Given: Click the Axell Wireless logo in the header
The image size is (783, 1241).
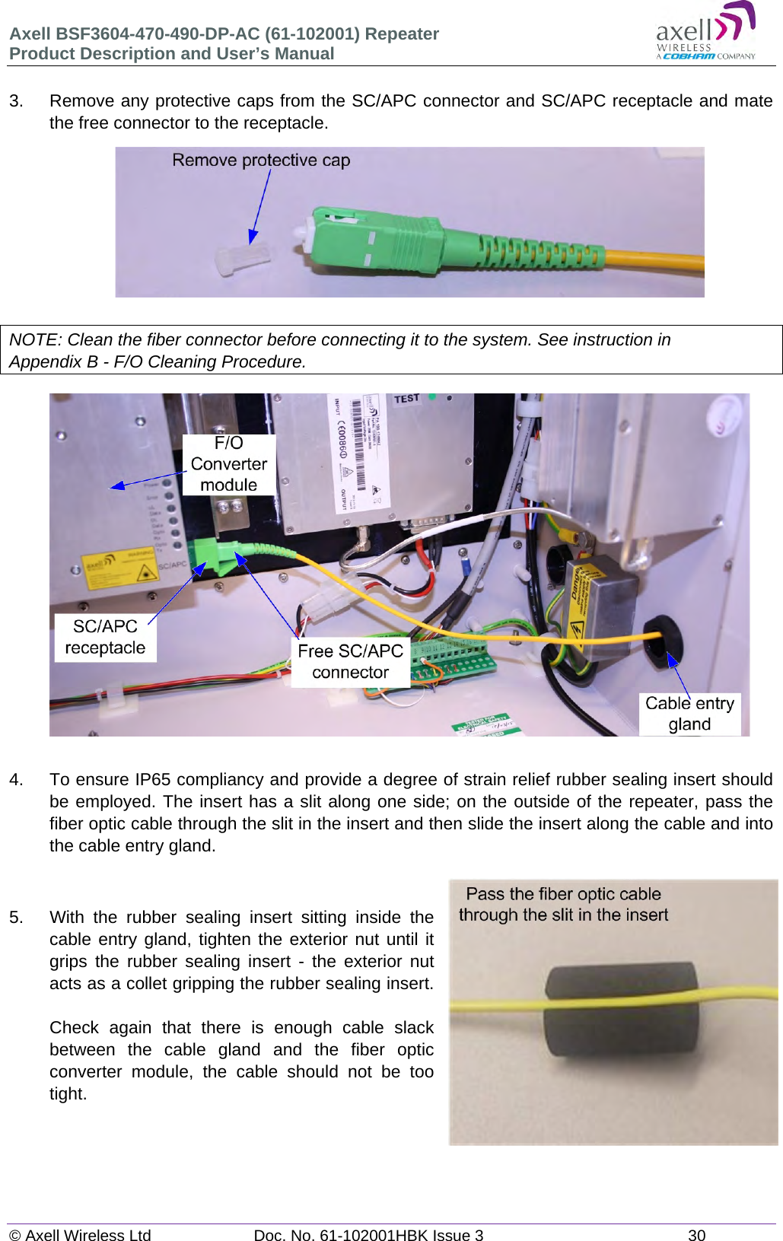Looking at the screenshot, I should point(705,32).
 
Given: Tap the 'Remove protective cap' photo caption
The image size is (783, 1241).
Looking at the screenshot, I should point(261,161).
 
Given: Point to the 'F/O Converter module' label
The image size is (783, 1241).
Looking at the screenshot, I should point(228,464).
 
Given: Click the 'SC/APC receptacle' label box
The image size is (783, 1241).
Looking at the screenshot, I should point(105,638).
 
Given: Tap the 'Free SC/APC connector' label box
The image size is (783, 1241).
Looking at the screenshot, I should point(350,662).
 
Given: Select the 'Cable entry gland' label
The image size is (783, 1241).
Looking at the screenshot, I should point(689,714).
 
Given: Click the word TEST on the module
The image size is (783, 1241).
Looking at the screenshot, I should point(406,399).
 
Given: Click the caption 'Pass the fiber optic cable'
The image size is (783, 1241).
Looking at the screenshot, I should point(563,894).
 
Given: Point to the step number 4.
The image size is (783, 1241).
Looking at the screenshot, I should point(16,780).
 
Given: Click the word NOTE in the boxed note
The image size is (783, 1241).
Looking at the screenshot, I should point(33,340).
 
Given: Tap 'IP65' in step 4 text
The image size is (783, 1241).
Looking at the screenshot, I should point(152,780).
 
